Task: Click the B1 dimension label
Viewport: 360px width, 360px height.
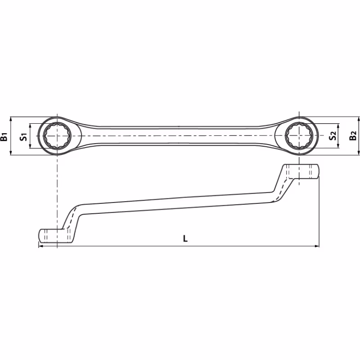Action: [x=4, y=137]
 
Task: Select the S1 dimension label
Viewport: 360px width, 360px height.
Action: [x=24, y=137]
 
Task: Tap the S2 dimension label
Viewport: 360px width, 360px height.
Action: [x=333, y=135]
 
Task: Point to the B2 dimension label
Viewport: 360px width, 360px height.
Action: [x=353, y=135]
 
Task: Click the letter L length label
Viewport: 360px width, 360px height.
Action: [x=185, y=238]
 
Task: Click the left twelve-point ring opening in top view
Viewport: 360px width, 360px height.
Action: [x=57, y=136]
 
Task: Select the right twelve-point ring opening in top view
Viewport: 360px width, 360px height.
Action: [x=299, y=136]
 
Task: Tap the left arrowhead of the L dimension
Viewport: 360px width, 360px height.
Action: [x=40, y=246]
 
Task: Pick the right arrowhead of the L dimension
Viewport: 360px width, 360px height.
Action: [x=317, y=246]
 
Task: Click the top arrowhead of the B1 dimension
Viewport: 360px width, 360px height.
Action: [x=10, y=119]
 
